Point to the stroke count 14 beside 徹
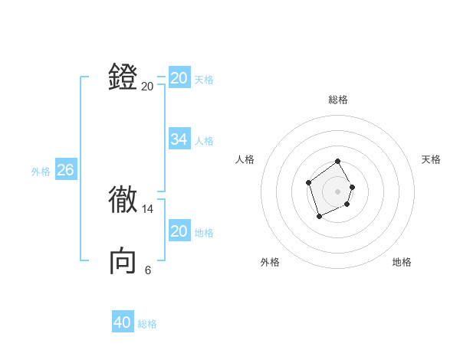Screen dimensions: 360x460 148,209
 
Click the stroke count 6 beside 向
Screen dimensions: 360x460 148,270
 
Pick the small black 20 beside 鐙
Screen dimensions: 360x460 148,87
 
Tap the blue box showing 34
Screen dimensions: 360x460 179,139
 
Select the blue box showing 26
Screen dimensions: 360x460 65,170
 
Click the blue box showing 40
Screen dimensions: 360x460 123,322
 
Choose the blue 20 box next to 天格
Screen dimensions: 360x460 179,78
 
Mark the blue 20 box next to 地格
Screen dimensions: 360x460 179,231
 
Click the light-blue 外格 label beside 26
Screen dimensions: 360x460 41,172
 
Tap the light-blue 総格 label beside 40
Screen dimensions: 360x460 148,324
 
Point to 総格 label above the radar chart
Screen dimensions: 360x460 338,100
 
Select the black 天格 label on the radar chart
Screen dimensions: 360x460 432,159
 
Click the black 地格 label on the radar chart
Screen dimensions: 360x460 402,262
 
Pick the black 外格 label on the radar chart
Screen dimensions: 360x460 270,262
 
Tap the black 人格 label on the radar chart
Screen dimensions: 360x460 245,159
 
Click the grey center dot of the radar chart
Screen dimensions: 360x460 338,191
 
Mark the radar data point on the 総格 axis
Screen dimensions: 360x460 338,162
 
